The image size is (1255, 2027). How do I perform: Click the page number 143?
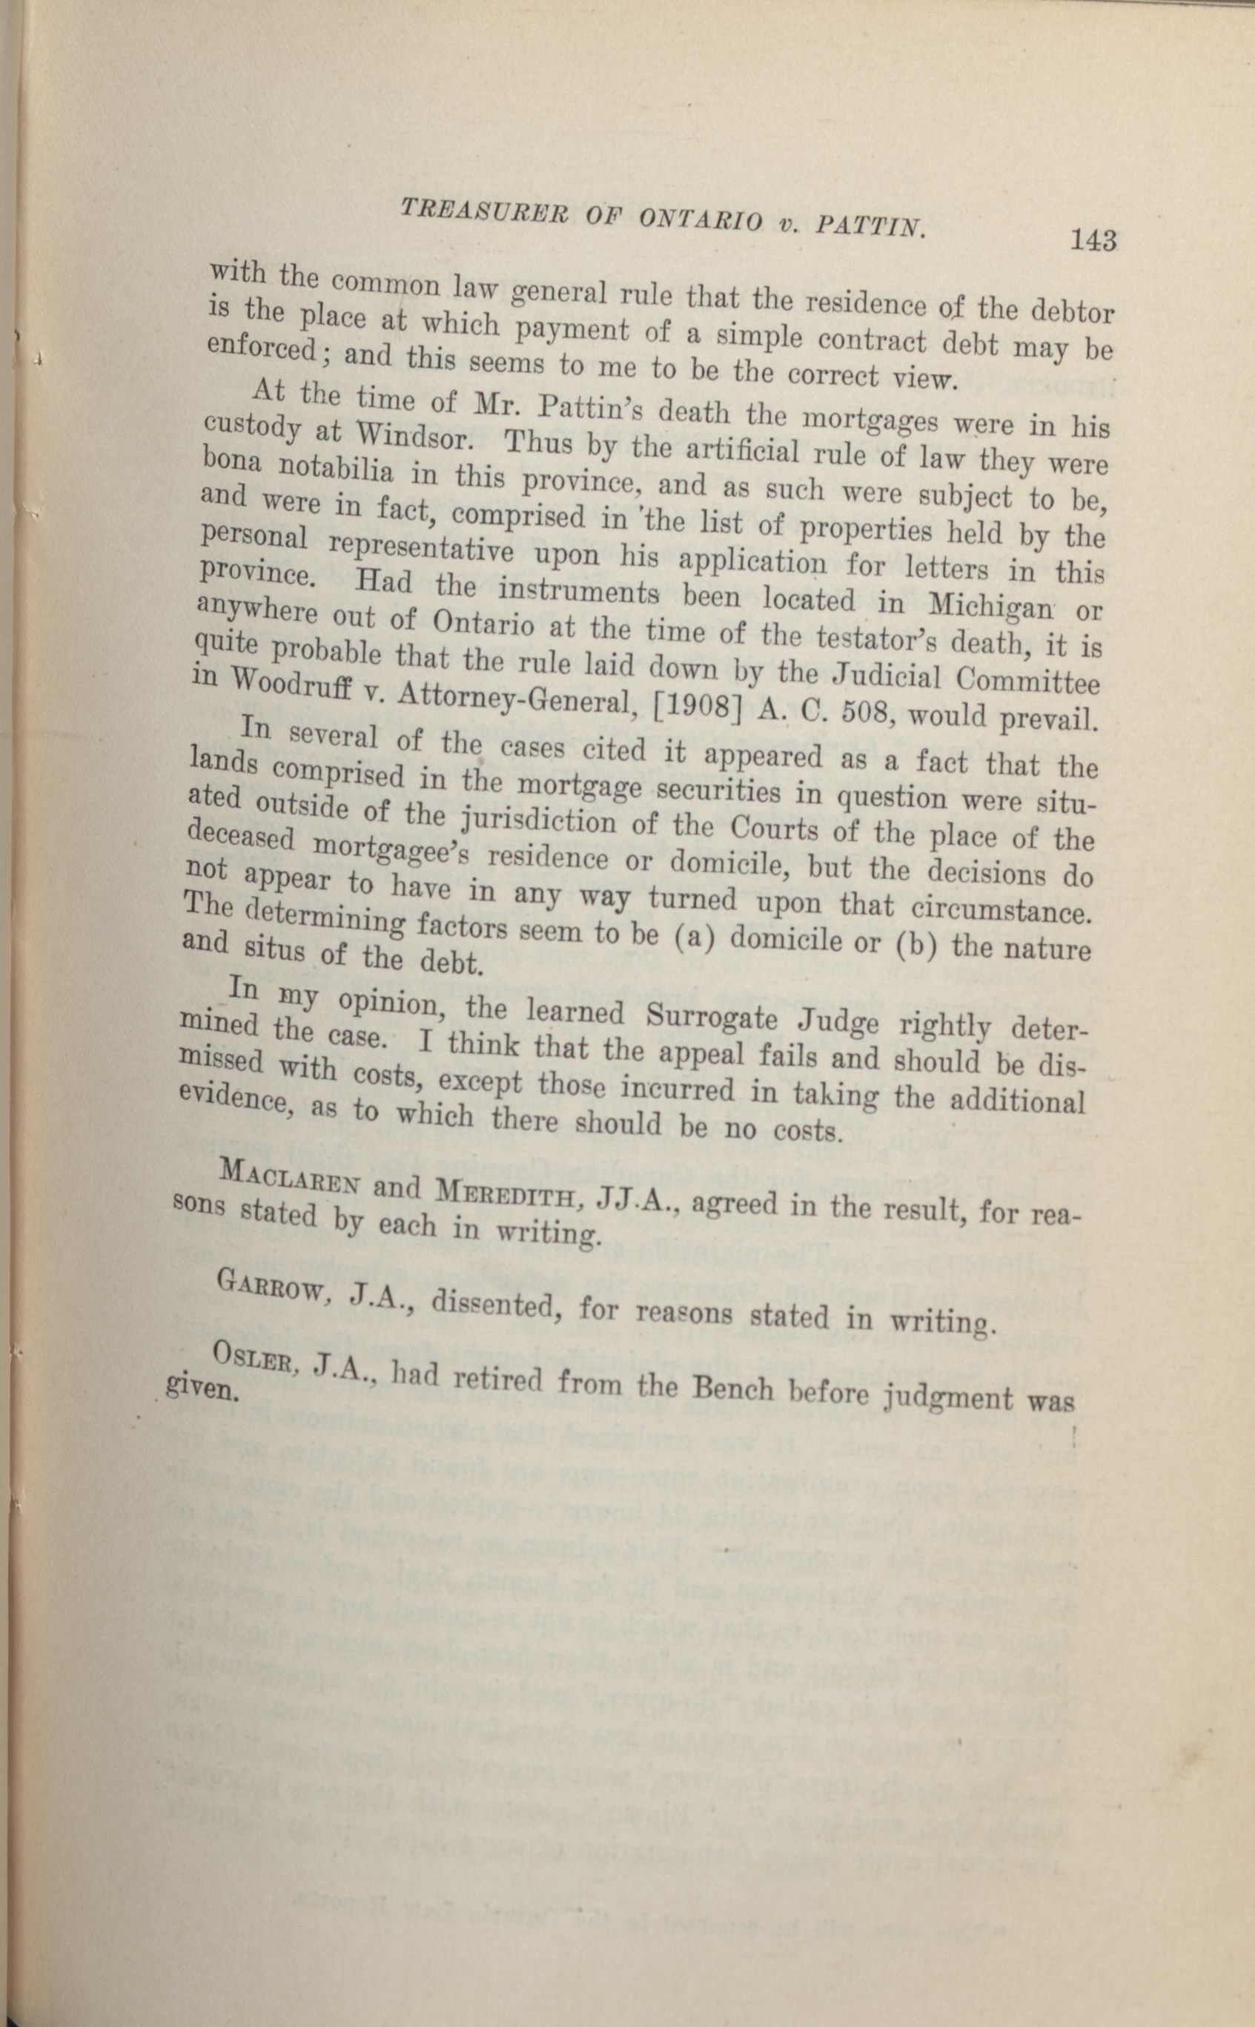pyautogui.click(x=1093, y=241)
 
